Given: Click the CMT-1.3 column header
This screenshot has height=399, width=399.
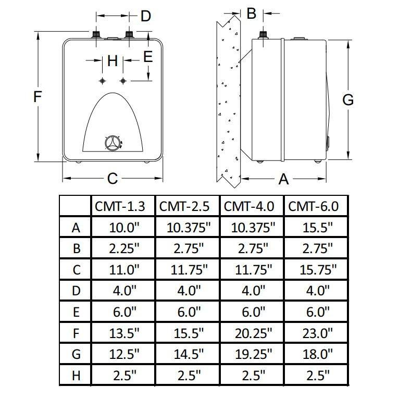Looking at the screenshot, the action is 120,206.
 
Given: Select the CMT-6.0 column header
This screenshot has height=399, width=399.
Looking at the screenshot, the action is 313,206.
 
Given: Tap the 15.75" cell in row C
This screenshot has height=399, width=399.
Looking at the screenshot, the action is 318,269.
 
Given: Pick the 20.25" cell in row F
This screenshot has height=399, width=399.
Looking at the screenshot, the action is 254,333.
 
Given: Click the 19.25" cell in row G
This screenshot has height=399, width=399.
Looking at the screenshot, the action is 254,354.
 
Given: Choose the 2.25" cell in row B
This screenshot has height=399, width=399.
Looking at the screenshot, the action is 124,248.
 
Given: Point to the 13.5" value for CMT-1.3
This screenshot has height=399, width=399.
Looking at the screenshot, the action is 124,333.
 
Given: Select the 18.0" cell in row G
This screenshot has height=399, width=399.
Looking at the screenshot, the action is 318,354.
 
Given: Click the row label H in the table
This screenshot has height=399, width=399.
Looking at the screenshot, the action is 76,376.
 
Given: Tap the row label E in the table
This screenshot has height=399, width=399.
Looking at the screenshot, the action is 77,312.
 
